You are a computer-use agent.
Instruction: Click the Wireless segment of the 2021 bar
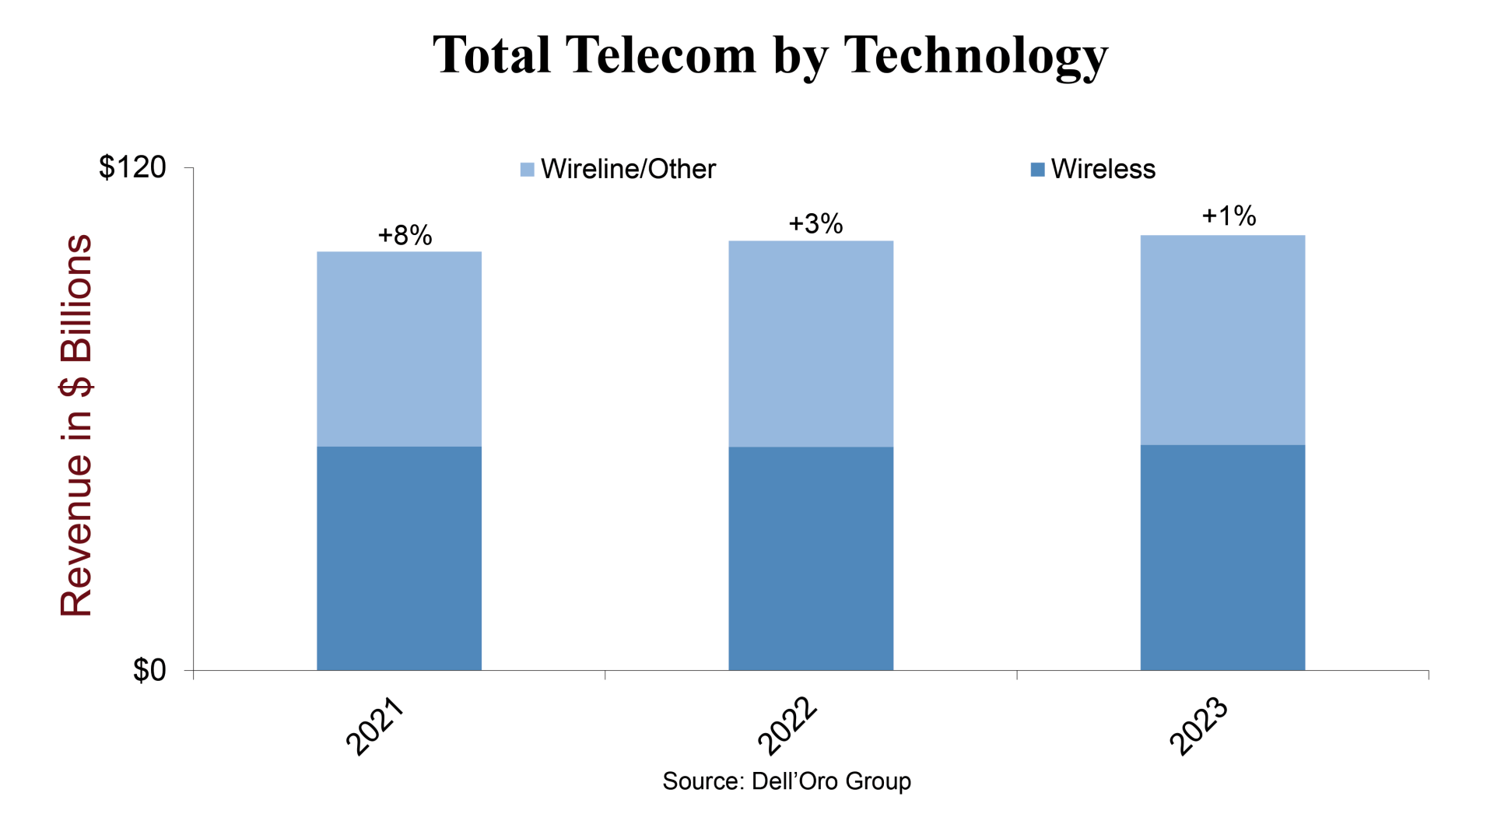pyautogui.click(x=398, y=557)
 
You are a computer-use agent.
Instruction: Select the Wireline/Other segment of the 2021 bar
pyautogui.click(x=398, y=349)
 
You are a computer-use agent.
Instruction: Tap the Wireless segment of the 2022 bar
pyautogui.click(x=810, y=557)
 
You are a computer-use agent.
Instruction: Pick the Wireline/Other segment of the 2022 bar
pyautogui.click(x=810, y=343)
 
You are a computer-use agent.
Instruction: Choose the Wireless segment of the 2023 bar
pyautogui.click(x=1222, y=557)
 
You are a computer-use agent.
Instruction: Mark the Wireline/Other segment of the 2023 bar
pyautogui.click(x=1222, y=340)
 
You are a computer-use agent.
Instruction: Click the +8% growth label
pyautogui.click(x=405, y=235)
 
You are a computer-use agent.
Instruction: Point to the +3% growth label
pyautogui.click(x=815, y=224)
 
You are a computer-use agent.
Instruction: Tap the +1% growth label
pyautogui.click(x=1229, y=216)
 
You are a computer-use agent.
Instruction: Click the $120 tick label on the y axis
pyautogui.click(x=132, y=167)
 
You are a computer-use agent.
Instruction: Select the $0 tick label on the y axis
pyautogui.click(x=149, y=670)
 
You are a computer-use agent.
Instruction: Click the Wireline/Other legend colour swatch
pyautogui.click(x=527, y=169)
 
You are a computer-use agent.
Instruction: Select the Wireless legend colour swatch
pyautogui.click(x=1036, y=169)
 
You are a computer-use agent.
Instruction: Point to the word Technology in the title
pyautogui.click(x=976, y=56)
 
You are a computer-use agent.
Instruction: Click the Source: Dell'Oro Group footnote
pyautogui.click(x=786, y=781)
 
